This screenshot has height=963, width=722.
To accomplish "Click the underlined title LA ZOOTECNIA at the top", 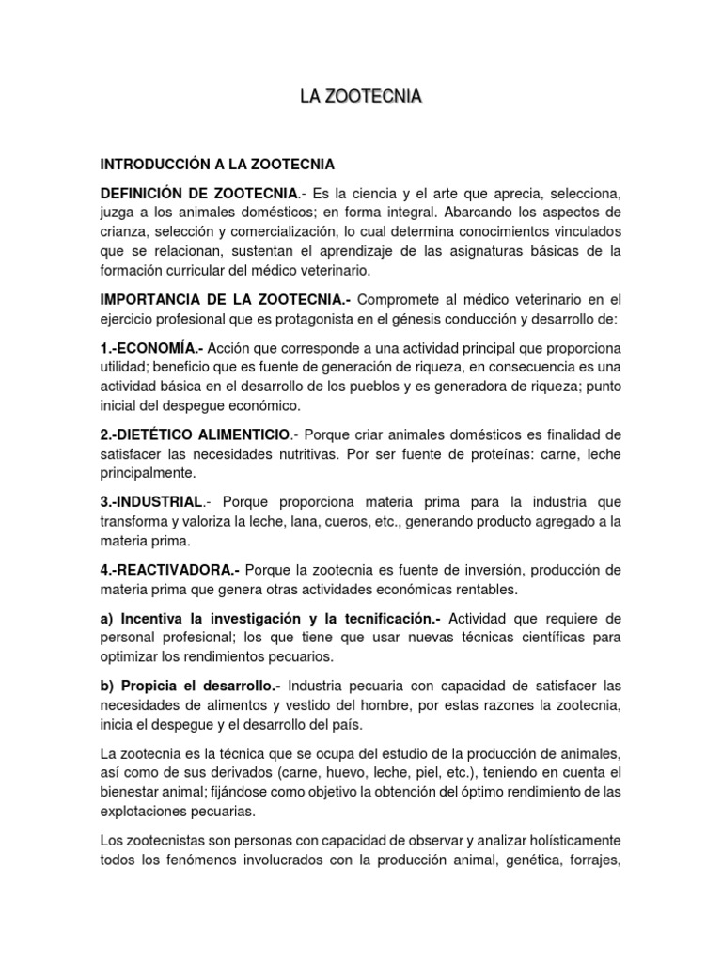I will (x=360, y=96).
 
